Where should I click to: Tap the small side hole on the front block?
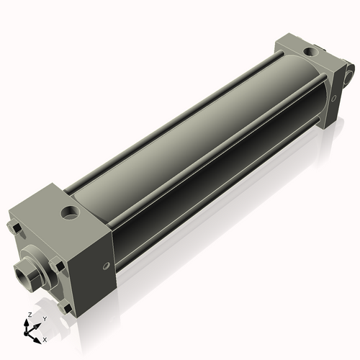coord(106,266)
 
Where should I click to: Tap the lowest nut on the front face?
coord(66,307)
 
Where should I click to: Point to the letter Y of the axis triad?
coord(45,318)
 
